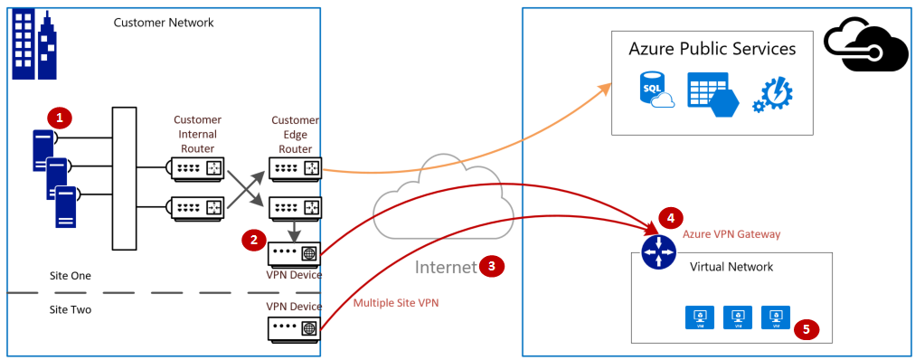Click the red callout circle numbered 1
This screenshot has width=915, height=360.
(x=60, y=118)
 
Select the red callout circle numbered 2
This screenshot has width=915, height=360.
(x=253, y=240)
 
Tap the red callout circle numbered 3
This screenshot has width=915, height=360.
(x=491, y=266)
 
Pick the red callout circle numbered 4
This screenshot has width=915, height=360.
(x=669, y=218)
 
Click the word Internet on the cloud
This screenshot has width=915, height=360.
(x=445, y=267)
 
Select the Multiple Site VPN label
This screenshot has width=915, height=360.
(x=396, y=303)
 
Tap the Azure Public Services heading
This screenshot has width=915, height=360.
(x=712, y=49)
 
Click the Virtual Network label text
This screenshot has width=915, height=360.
(x=731, y=267)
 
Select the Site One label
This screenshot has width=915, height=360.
(x=71, y=274)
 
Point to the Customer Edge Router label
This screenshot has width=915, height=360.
(x=295, y=134)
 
